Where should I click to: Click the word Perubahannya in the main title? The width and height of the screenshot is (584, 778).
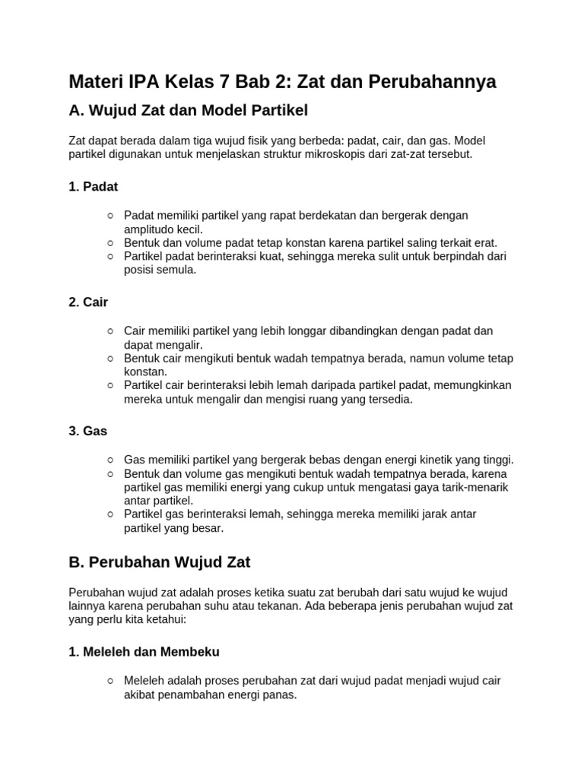click(432, 82)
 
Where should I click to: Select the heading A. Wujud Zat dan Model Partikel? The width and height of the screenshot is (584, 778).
click(188, 111)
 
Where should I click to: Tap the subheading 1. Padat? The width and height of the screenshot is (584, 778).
click(93, 186)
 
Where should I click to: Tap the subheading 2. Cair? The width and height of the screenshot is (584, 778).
click(88, 302)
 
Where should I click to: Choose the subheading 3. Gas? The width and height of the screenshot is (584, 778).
click(87, 431)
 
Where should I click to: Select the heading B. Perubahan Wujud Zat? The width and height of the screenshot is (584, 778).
click(159, 563)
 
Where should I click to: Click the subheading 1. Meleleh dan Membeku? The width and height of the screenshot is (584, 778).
click(144, 652)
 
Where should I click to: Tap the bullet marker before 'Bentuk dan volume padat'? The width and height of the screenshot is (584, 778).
click(111, 243)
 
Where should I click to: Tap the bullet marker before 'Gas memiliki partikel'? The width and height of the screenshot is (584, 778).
click(111, 460)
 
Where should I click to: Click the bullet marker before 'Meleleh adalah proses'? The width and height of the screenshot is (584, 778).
click(111, 681)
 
